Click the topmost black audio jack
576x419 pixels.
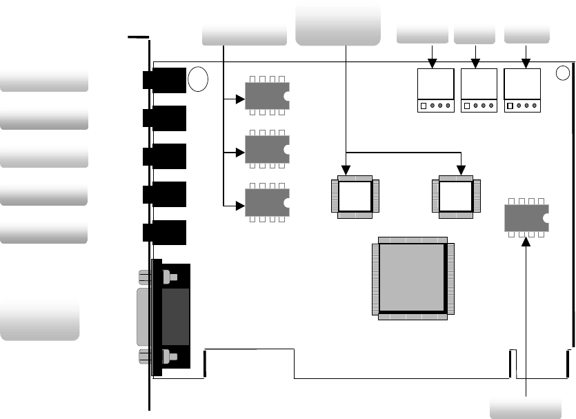(x=165, y=80)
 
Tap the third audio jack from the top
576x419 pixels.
(x=165, y=156)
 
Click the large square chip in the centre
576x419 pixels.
(x=411, y=277)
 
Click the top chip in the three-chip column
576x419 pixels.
(x=268, y=96)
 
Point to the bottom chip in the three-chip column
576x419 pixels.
(x=268, y=202)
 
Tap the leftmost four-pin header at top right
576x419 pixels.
(x=435, y=90)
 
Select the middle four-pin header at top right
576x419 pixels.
(x=479, y=90)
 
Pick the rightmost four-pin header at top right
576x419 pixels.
(x=522, y=90)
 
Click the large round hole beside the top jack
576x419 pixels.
(x=198, y=79)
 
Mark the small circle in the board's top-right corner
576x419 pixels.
(x=564, y=72)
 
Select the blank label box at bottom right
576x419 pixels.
(x=525, y=407)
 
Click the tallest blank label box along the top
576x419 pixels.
(x=338, y=22)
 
